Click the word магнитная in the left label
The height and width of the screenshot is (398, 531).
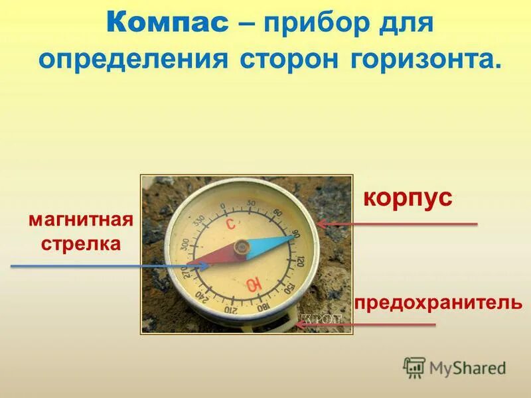[x=81, y=220]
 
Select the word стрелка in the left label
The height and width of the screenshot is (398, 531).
[x=81, y=243]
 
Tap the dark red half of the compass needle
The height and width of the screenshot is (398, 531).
[x=214, y=255]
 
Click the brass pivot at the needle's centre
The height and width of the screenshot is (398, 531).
[x=240, y=247]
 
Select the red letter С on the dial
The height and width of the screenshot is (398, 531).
[x=230, y=225]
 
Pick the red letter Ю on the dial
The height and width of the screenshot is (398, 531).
[x=253, y=285]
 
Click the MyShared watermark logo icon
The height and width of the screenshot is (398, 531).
[x=415, y=367]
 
